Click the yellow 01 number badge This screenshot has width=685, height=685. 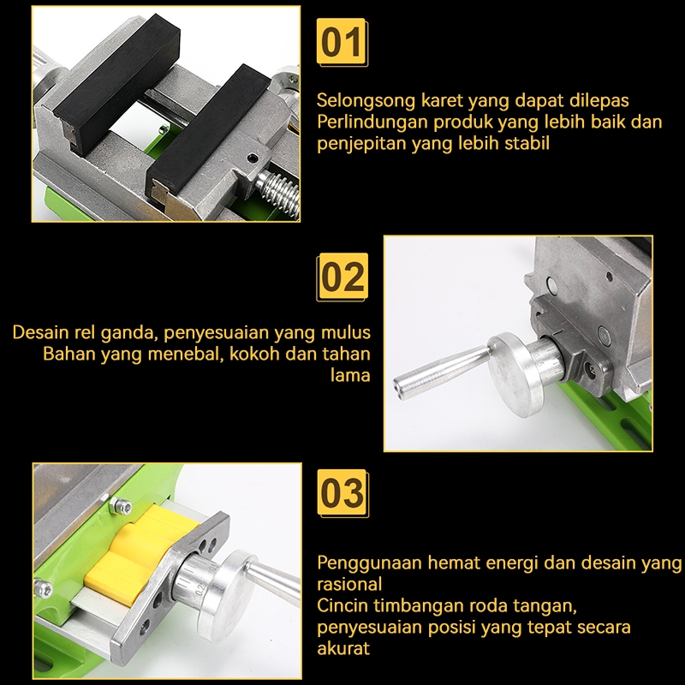pos(342,42)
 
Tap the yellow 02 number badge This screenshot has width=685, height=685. pos(342,277)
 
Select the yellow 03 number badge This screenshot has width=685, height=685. pos(343,493)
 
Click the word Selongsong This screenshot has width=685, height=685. pos(366,101)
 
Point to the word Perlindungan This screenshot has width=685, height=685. pos(372,122)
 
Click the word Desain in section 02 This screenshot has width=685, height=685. pos(40,332)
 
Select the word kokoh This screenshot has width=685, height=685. pos(254,354)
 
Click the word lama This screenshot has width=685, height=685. pos(350,375)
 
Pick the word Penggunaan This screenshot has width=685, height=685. pos(370,563)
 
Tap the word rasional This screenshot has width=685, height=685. pos(349,584)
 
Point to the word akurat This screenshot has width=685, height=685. pos(343,648)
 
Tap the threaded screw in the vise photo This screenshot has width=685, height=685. pos(280,193)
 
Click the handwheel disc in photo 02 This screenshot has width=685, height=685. pos(517,374)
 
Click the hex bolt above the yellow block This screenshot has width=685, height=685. pos(120,506)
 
